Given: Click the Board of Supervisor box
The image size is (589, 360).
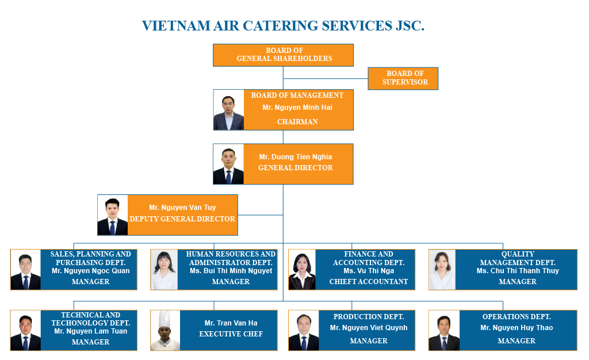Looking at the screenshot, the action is [403, 78].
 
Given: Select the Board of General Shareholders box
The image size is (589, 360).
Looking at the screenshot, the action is [283, 55].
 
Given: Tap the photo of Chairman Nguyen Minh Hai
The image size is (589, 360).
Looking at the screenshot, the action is [229, 110].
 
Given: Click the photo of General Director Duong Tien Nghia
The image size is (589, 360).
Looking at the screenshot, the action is [228, 164].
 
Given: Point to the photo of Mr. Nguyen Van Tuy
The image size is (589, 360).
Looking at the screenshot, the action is [113, 215].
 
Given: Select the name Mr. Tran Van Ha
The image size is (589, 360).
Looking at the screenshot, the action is [231, 323].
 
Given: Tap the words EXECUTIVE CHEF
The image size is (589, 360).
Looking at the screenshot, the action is [231, 334].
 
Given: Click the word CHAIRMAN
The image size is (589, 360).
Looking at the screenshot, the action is [297, 121].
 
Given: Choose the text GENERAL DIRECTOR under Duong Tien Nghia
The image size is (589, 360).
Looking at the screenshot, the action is [296, 168].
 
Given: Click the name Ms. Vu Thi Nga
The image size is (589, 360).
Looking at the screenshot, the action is [369, 271].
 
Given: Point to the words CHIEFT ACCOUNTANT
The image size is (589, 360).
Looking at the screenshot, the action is [369, 282].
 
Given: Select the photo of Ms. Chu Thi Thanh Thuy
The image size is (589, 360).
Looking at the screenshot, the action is [442, 270].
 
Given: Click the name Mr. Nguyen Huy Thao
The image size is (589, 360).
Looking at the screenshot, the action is [517, 328].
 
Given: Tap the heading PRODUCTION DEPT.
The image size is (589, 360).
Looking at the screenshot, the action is [369, 317].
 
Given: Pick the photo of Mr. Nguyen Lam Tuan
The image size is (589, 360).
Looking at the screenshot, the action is [25, 330].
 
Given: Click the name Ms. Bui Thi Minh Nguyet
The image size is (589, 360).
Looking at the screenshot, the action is [231, 271].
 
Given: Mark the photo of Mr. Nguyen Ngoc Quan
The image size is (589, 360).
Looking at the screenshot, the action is [25, 270].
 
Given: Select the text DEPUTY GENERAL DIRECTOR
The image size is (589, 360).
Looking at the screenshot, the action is [182, 219].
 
